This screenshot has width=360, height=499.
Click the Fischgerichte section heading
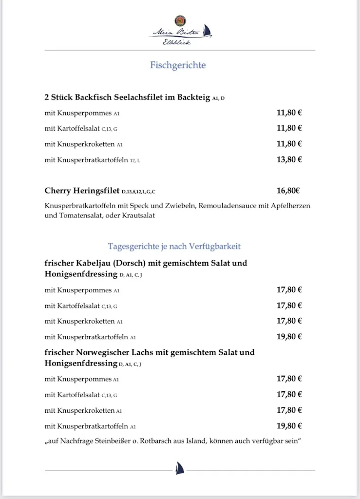pyautogui.click(x=178, y=65)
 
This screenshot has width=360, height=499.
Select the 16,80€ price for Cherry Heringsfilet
pyautogui.click(x=289, y=191)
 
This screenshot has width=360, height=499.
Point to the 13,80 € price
pyautogui.click(x=289, y=159)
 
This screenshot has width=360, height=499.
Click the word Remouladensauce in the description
pyautogui.click(x=226, y=206)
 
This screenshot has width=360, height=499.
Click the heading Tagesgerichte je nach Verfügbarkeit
pyautogui.click(x=174, y=246)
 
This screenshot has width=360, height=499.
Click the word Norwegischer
pyautogui.click(x=103, y=352)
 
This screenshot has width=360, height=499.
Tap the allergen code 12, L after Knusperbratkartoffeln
pyautogui.click(x=135, y=160)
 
